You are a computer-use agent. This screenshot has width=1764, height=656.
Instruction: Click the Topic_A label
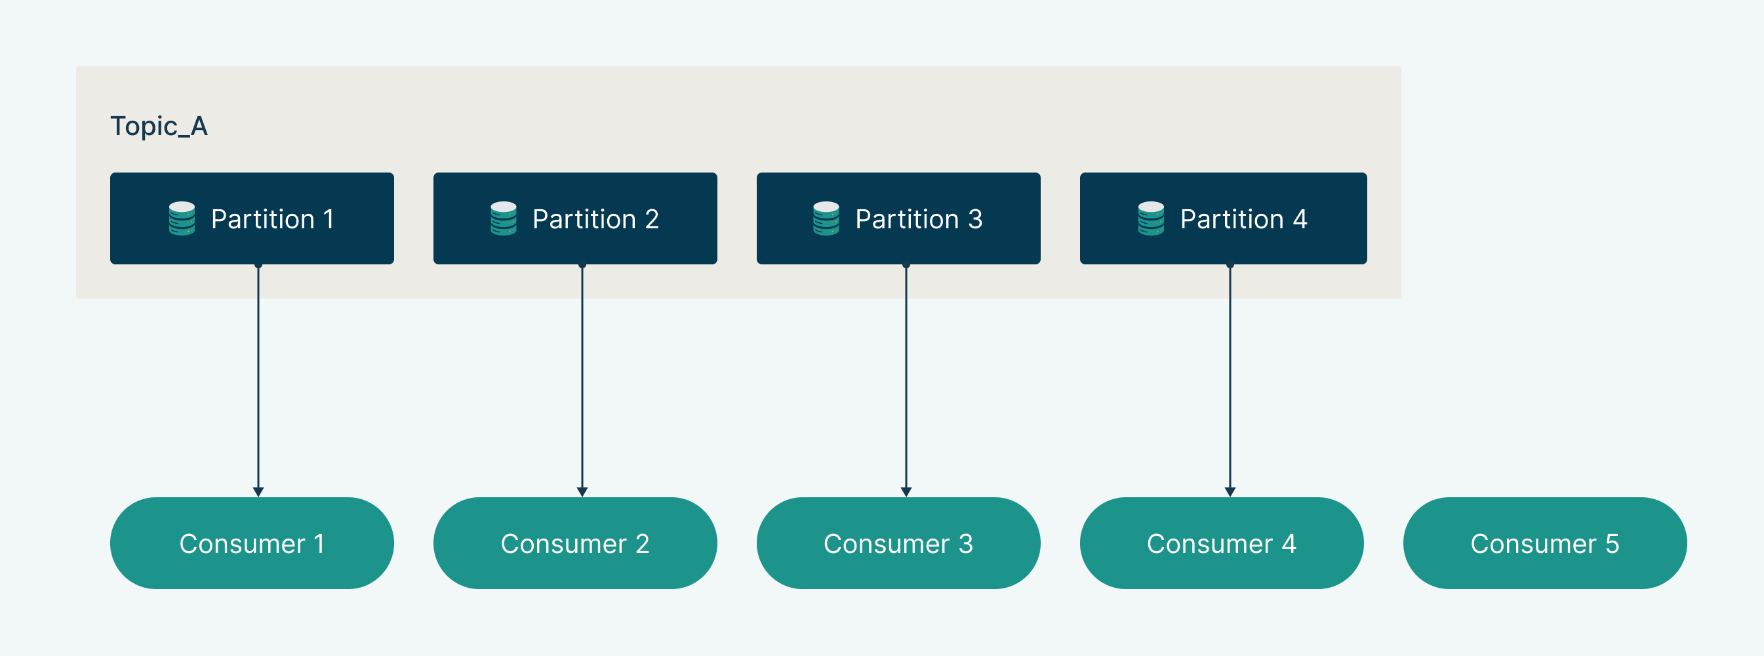[159, 127]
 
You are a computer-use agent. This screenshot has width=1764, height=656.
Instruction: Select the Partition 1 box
[252, 218]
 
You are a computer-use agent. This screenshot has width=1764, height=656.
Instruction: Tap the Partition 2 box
[575, 218]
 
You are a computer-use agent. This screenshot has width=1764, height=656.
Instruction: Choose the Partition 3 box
[898, 218]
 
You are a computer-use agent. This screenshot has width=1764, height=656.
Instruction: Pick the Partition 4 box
[1223, 218]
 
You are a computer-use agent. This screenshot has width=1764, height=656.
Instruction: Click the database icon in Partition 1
[182, 218]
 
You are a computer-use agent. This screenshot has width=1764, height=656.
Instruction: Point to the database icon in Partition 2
[504, 218]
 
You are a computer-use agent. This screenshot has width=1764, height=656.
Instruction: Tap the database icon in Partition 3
[826, 218]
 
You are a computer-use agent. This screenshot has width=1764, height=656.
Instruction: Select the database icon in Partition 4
[1151, 218]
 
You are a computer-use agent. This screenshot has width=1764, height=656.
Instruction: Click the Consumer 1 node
[252, 543]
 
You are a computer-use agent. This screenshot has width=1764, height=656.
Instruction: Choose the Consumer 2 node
[575, 543]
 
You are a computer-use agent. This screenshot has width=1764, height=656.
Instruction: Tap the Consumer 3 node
[898, 543]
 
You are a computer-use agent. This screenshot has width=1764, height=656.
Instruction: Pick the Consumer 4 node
[1222, 543]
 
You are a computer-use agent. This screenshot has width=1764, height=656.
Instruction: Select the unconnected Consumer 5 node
[1545, 543]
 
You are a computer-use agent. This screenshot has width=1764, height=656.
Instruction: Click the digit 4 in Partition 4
[1300, 219]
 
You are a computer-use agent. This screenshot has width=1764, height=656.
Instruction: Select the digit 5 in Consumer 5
[1613, 544]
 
